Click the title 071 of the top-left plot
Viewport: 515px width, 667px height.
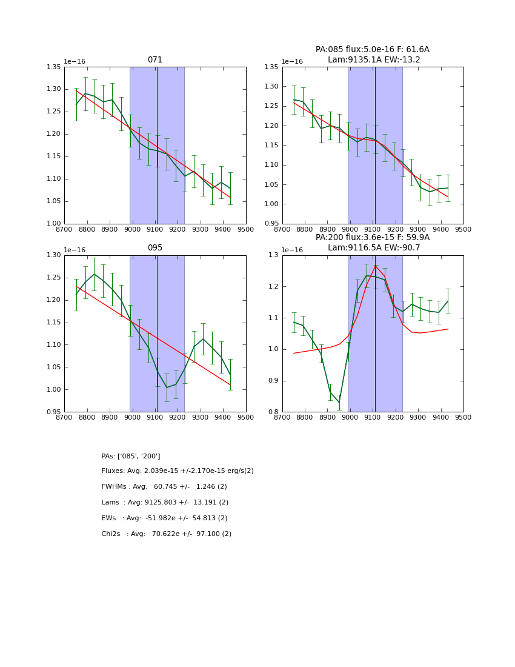pyautogui.click(x=155, y=60)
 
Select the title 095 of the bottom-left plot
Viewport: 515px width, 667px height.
pyautogui.click(x=155, y=248)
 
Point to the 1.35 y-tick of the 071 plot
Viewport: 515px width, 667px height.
pyautogui.click(x=54, y=67)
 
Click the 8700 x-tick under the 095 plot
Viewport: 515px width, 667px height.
pyautogui.click(x=64, y=417)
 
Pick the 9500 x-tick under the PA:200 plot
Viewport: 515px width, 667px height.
pyautogui.click(x=463, y=417)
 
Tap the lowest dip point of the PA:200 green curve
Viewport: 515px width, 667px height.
pyautogui.click(x=339, y=403)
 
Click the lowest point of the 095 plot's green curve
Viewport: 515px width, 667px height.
pyautogui.click(x=167, y=387)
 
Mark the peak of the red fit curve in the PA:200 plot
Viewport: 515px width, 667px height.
pyautogui.click(x=376, y=266)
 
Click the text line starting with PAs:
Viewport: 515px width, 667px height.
pyautogui.click(x=131, y=456)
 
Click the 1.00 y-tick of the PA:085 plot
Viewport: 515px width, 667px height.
pyautogui.click(x=272, y=204)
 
